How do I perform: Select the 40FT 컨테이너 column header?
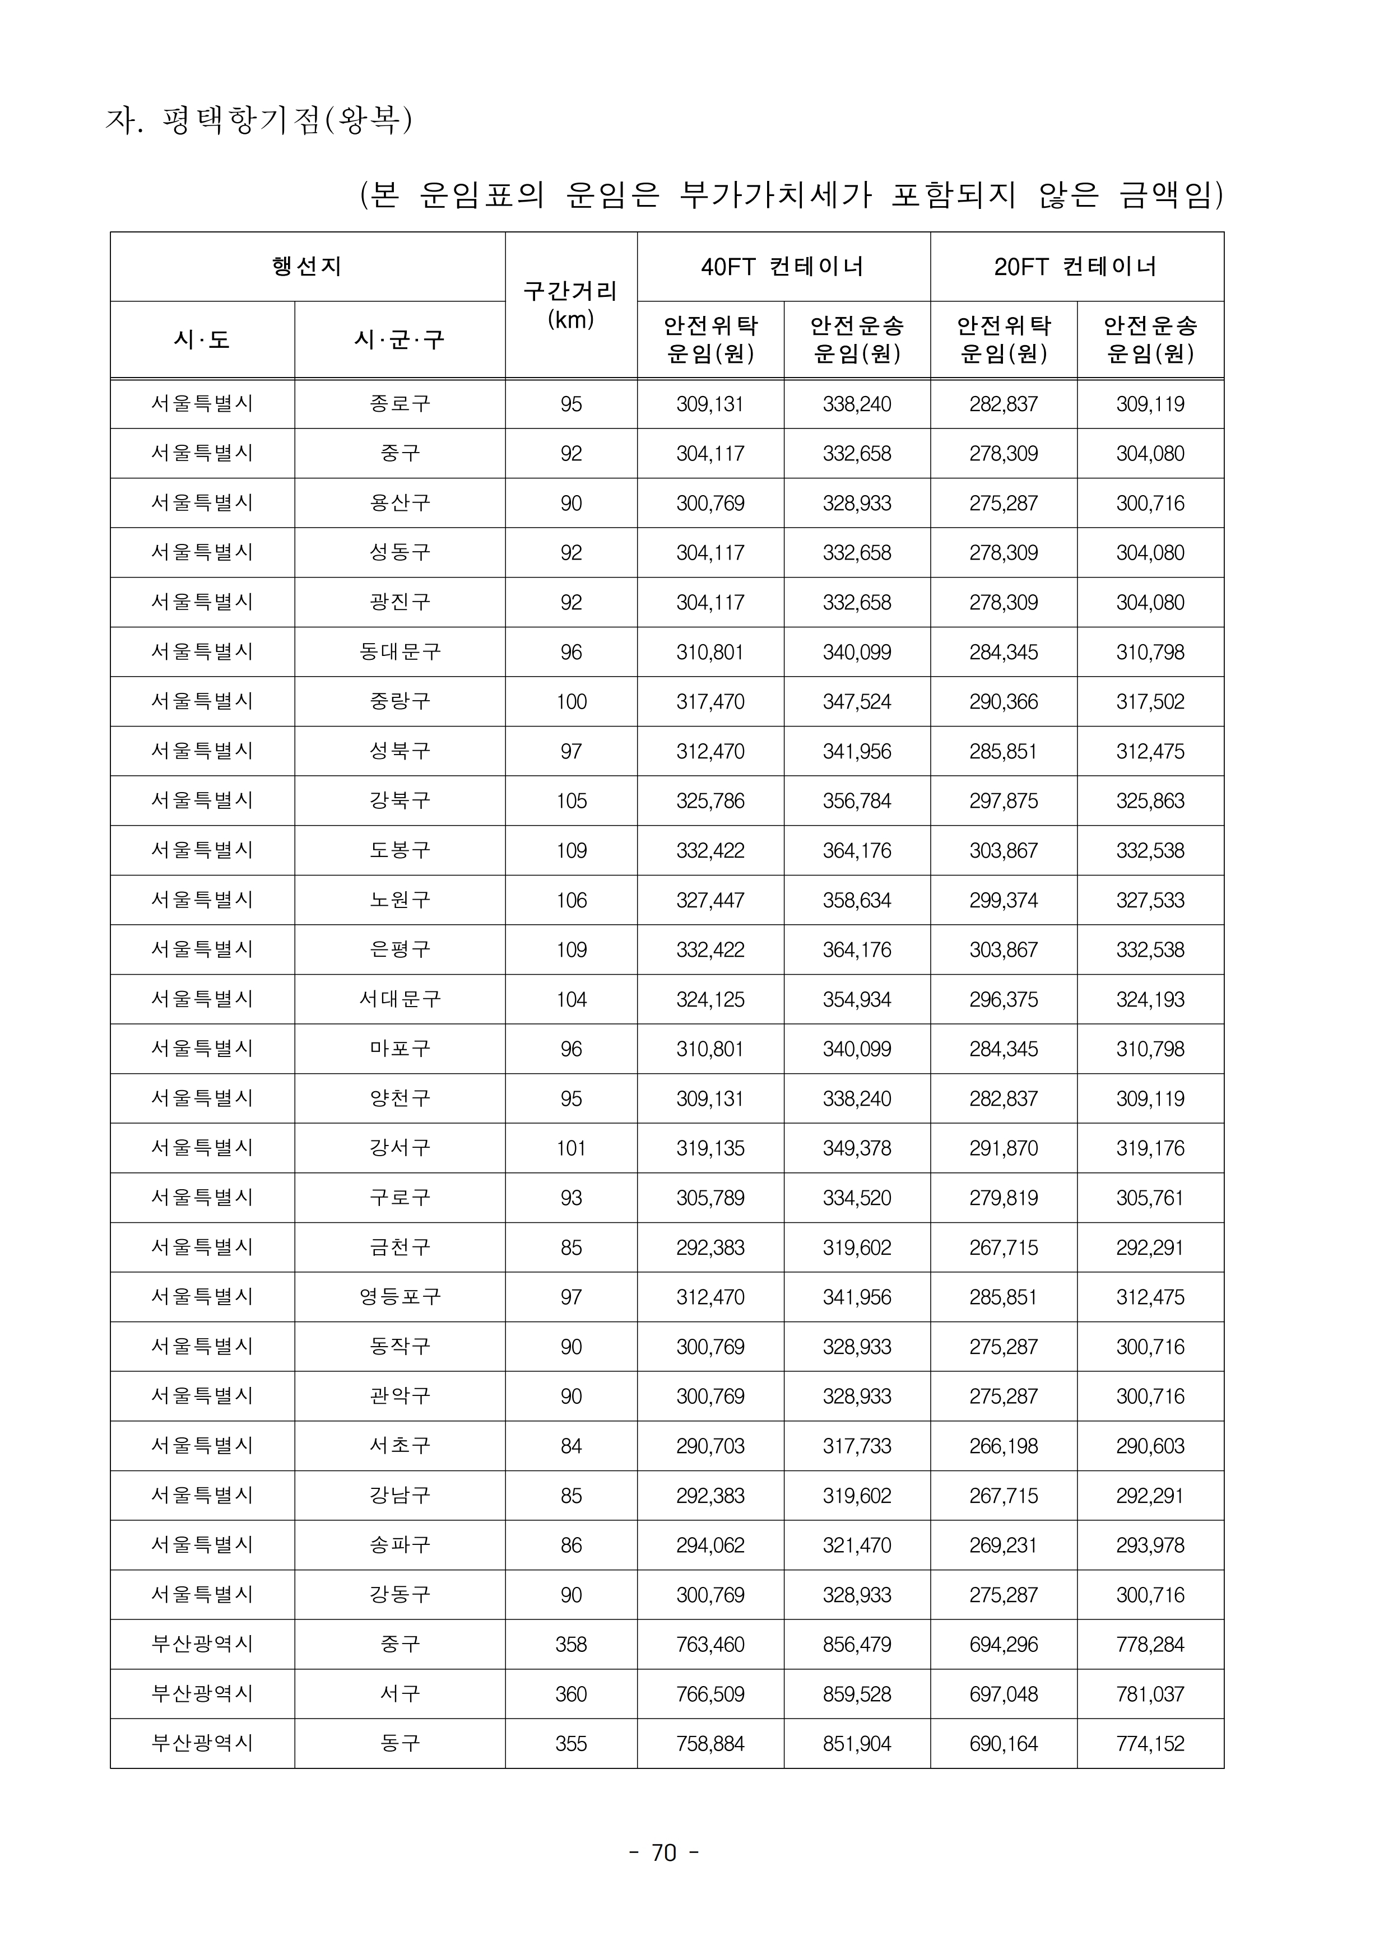coord(783,267)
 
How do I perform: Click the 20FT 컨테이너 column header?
coord(1076,267)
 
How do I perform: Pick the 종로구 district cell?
coord(400,404)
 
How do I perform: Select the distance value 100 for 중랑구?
coord(570,702)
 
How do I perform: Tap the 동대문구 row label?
coord(400,652)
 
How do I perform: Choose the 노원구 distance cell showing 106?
coord(570,900)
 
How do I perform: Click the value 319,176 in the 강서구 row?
coord(1149,1148)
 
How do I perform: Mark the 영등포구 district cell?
coord(400,1297)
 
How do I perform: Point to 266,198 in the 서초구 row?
coord(1003,1446)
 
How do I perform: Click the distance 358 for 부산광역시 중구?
coord(570,1644)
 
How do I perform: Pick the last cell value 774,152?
coord(1149,1743)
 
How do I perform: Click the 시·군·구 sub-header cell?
coord(400,340)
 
